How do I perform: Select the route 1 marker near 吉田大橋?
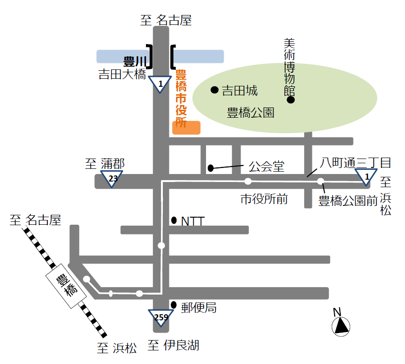160,84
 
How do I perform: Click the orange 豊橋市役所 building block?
186,128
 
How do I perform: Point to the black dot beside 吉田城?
214,90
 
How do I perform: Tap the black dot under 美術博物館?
291,100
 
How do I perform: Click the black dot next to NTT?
174,220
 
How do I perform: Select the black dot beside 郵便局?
174,305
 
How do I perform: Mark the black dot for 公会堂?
211,167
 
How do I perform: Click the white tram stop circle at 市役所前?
248,182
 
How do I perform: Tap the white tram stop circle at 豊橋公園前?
321,182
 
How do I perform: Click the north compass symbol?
341,324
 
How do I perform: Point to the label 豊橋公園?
251,113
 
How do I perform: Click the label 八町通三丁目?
355,163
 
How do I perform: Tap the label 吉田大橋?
122,74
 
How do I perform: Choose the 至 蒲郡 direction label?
105,164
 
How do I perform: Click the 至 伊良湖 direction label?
174,346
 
